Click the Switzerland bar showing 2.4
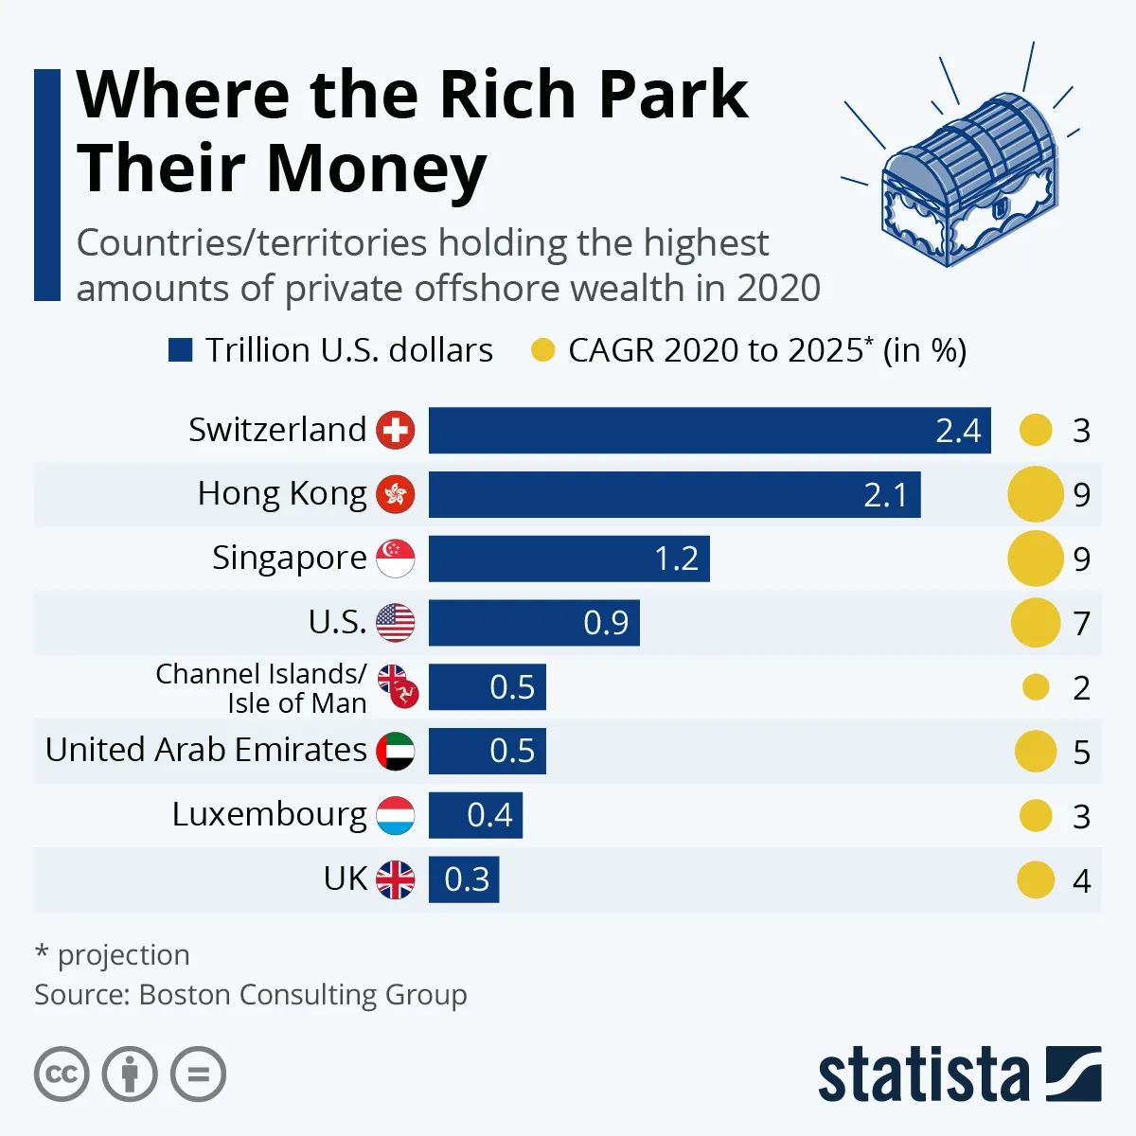(710, 431)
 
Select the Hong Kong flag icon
(396, 494)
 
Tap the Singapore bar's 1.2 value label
(676, 559)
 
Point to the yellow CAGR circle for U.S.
(1035, 623)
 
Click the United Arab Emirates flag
(396, 751)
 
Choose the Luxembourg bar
(475, 815)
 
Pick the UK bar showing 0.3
(464, 879)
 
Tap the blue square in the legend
(180, 350)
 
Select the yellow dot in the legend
(542, 350)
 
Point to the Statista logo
(959, 1074)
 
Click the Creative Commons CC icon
(62, 1074)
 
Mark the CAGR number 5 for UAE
(1081, 753)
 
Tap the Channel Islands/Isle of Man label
(261, 688)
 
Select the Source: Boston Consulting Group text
(251, 995)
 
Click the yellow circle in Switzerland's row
(1036, 431)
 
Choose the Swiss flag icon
(396, 431)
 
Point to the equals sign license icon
(198, 1074)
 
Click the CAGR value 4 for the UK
(1081, 881)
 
